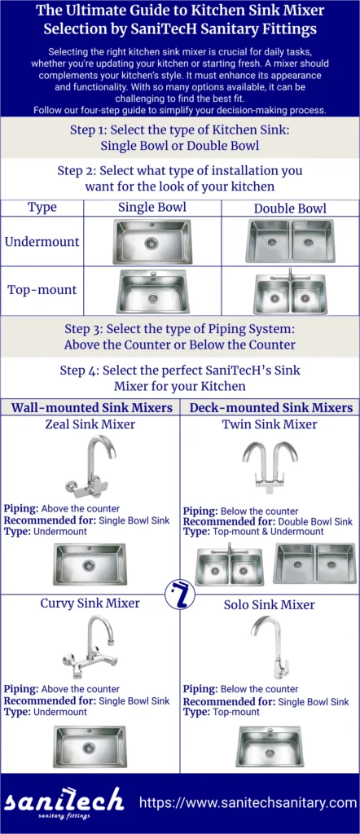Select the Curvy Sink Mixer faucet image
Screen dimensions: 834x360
[x=90, y=647]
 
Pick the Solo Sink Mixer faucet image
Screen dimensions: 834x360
[x=270, y=647]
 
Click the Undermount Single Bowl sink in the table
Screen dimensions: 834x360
[x=152, y=242]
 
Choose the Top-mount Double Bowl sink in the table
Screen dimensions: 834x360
[x=290, y=292]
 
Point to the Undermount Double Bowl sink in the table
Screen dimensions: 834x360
[x=290, y=241]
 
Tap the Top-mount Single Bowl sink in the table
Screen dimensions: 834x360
[x=152, y=292]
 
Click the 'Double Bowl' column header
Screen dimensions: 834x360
[x=290, y=208]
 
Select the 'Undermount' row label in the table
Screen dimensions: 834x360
[x=42, y=242]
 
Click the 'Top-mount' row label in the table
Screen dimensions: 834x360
[x=42, y=290]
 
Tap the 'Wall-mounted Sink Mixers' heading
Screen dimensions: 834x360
[x=91, y=407]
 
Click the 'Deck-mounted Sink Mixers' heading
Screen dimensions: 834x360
[x=270, y=407]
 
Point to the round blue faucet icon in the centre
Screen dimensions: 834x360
[x=179, y=595]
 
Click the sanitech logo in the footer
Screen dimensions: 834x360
[x=65, y=802]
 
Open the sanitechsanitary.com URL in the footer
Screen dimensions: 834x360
[x=248, y=802]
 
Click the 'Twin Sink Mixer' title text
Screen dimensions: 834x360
[x=270, y=424]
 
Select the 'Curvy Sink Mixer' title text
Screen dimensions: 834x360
[x=90, y=604]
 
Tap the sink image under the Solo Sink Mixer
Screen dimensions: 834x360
[x=270, y=746]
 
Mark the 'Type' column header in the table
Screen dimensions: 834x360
[x=42, y=208]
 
